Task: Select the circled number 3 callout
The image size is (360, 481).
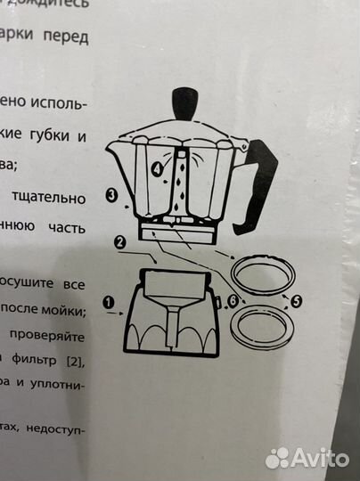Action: pos(111,196)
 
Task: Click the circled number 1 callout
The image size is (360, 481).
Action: pos(109,301)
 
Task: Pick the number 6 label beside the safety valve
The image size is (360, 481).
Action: pos(233,302)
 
